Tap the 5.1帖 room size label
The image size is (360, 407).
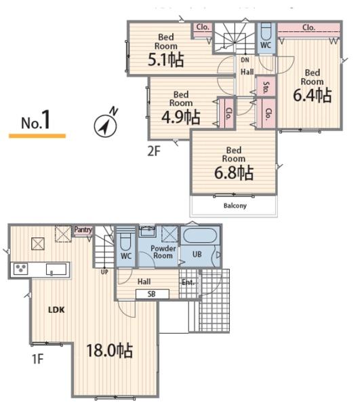[x=166, y=60]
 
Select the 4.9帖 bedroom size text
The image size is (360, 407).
[x=181, y=117]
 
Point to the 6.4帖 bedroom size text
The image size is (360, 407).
[x=313, y=95]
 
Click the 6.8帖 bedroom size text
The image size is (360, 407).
[x=234, y=172]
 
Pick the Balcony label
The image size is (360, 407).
[x=235, y=206]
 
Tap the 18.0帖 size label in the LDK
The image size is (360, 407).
[x=109, y=351]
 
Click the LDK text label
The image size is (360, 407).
[x=56, y=310]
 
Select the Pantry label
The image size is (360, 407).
[x=83, y=230]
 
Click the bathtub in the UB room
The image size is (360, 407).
[x=199, y=235]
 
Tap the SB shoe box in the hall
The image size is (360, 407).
[x=153, y=294]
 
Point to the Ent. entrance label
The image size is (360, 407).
[x=188, y=282]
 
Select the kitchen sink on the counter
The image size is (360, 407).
[x=56, y=269]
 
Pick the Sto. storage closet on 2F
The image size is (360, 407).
[x=266, y=86]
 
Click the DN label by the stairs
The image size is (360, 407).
[x=245, y=60]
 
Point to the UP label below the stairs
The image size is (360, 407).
[x=104, y=272]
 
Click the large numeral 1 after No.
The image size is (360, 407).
[x=46, y=119]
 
